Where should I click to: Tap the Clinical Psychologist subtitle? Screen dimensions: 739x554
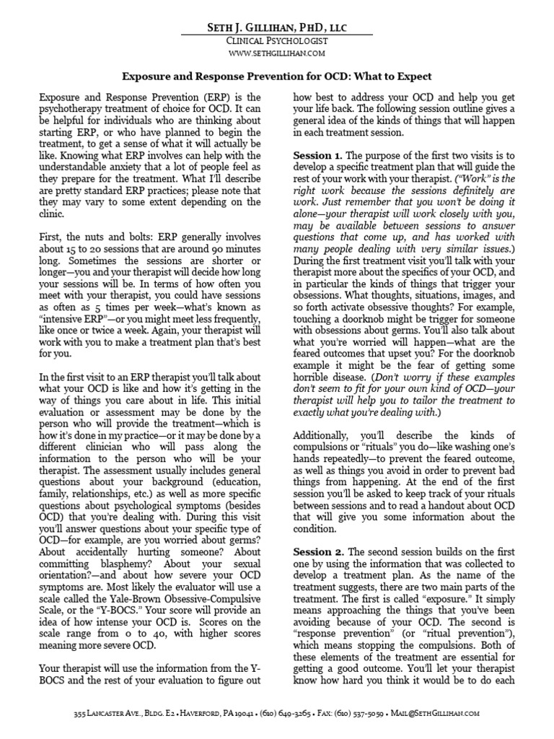pyautogui.click(x=276, y=42)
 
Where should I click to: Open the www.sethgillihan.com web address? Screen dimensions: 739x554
pyautogui.click(x=276, y=53)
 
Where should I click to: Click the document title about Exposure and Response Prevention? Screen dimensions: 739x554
pyautogui.click(x=277, y=75)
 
